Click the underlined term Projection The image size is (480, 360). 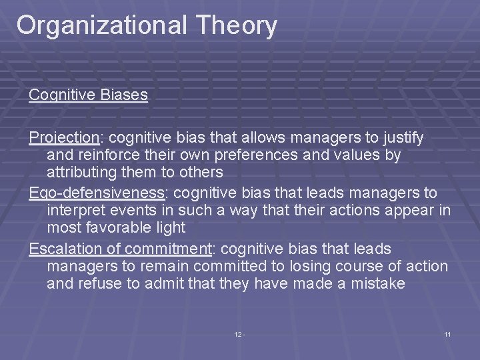(x=63, y=138)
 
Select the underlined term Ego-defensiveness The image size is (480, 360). (x=97, y=193)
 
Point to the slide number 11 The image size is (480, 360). (x=447, y=333)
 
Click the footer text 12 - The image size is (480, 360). (x=240, y=333)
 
